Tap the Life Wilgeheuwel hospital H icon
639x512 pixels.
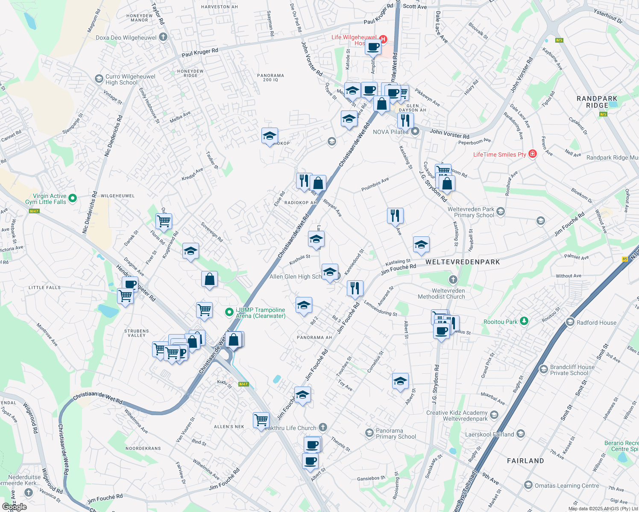coord(383,40)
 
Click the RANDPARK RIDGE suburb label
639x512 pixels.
coord(597,102)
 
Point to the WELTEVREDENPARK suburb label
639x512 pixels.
coord(463,262)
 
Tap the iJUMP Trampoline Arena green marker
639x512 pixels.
coord(229,312)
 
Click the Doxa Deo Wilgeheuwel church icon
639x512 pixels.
coord(163,37)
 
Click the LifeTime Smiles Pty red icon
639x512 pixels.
coord(533,154)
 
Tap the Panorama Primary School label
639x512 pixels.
coord(396,433)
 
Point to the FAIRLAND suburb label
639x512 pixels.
coord(525,461)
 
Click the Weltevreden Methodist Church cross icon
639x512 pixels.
coord(453,280)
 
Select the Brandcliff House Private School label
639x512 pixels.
coord(572,370)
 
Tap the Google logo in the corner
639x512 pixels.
coord(14,506)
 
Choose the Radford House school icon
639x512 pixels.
coord(570,322)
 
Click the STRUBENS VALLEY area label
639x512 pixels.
coord(137,333)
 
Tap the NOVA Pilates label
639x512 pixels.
coord(390,132)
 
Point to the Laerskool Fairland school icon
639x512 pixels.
coord(520,434)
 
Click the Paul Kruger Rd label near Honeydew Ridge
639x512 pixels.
coord(200,52)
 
